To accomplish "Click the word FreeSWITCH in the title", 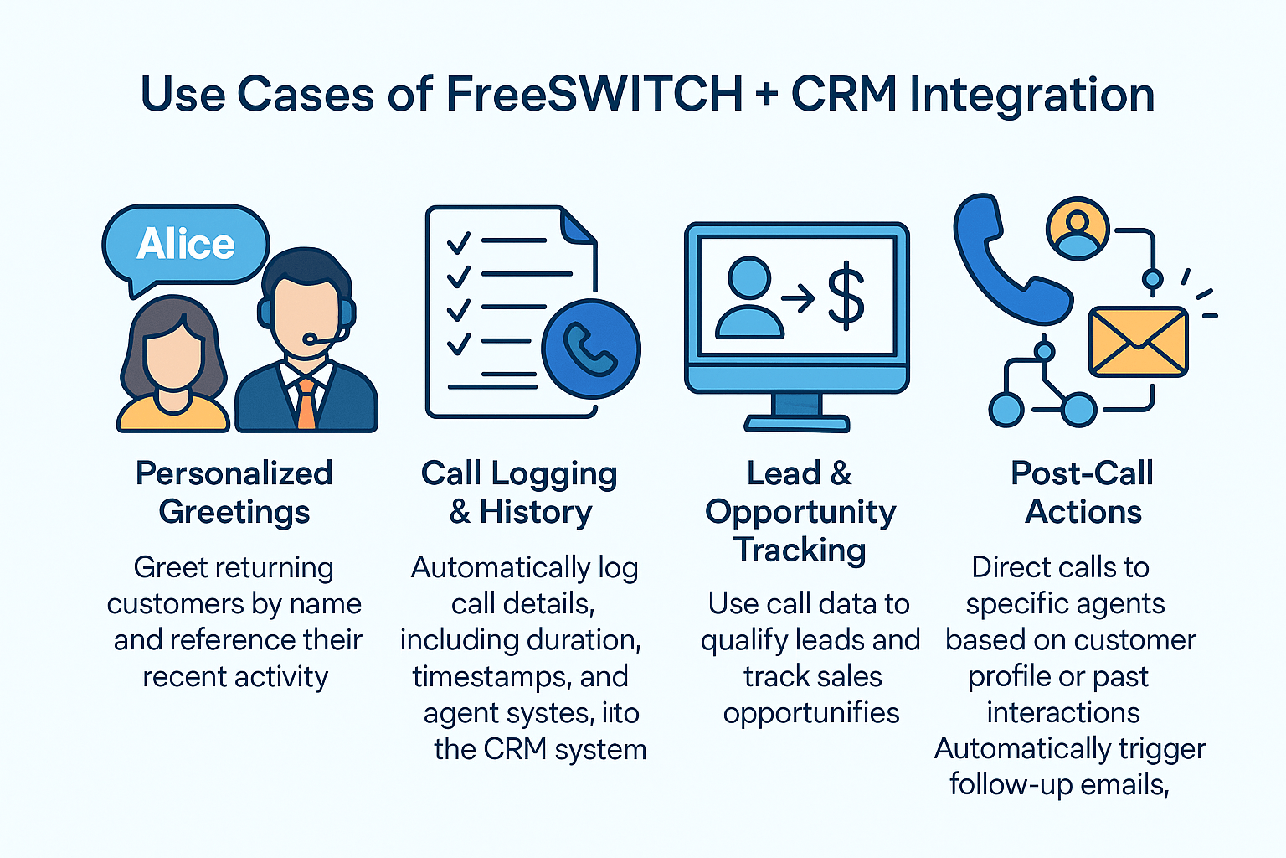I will tap(594, 94).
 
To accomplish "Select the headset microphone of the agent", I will tap(311, 339).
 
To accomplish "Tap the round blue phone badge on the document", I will tap(590, 349).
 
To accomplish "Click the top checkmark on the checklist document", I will tap(458, 243).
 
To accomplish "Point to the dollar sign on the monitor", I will tap(846, 295).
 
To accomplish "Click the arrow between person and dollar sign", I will tap(798, 297).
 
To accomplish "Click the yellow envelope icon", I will tap(1138, 342).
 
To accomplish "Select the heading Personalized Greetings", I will tap(234, 492).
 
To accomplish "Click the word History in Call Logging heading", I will tap(535, 511).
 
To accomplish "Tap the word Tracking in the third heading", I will tap(800, 550).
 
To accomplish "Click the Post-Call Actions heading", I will tap(1083, 492).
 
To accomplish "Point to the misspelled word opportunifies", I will tap(810, 712).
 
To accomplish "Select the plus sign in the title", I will tap(765, 95).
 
